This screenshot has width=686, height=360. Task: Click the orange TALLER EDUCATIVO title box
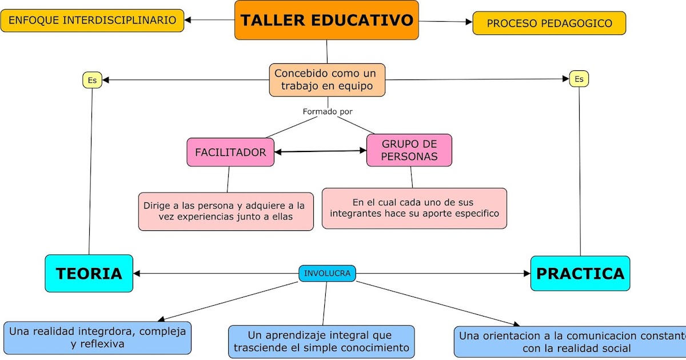pos(326,21)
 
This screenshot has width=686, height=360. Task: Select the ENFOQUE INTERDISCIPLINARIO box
pos(92,21)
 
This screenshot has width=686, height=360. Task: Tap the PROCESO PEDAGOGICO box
pos(549,23)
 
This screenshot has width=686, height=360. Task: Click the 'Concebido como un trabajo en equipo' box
pos(327,80)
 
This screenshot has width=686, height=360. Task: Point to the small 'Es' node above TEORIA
pos(92,80)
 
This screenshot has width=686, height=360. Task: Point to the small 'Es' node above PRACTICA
pos(579,79)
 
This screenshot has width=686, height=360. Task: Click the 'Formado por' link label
pos(328,111)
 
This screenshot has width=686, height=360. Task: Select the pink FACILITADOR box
pos(230,153)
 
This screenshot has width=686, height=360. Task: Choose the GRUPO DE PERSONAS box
pos(409,150)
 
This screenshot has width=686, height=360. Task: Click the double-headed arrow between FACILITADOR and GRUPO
pos(320,151)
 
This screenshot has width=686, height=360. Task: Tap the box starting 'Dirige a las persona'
pos(226,211)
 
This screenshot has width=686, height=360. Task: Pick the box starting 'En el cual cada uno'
pos(414,208)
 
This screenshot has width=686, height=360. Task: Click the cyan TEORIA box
pos(89,274)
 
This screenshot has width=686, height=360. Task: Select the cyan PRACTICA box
pos(580,274)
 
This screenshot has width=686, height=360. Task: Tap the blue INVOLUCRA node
pos(327,274)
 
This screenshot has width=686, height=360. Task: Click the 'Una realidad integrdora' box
pos(97,338)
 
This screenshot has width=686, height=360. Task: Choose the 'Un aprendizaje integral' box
pos(321,341)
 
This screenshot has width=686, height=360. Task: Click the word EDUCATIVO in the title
pos(363,21)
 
